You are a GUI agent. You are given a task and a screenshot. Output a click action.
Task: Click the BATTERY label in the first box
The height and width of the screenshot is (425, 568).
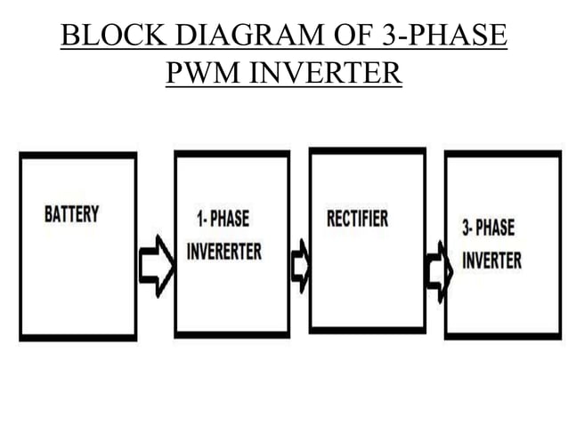coord(71,215)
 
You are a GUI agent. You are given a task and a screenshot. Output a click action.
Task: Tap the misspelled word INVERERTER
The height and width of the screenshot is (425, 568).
coord(224,252)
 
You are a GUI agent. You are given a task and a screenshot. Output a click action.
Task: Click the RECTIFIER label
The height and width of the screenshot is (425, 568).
coord(357,218)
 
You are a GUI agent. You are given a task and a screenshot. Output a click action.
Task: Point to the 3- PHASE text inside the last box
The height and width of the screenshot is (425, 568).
coord(488,227)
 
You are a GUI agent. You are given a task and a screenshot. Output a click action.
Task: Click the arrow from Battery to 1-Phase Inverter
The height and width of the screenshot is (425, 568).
coord(157,265)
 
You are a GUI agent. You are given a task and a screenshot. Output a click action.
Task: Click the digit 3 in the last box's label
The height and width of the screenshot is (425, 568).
coord(465,227)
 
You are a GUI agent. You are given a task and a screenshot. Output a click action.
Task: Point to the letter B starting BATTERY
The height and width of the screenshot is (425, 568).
coord(48,215)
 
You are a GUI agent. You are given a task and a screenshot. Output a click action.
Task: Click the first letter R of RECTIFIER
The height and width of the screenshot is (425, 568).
coord(329,218)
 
